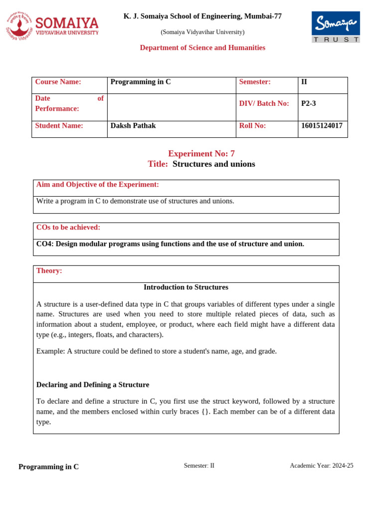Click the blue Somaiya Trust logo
coord(335,27)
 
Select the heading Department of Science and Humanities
coord(202,48)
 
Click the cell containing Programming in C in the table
coord(141,82)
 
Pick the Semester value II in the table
coord(305,82)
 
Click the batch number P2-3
coord(309,104)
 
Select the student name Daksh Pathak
coord(133,126)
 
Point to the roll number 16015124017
coord(322,126)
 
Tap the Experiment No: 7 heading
coord(201,154)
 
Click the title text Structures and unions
coord(213,164)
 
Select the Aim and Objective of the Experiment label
coord(98,185)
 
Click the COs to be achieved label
coord(68,228)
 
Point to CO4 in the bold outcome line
coord(44,244)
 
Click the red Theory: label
coord(49,270)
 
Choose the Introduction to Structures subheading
coord(186,287)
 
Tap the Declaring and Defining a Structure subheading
coord(93,385)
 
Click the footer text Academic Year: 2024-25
coord(322,466)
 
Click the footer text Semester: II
coord(199,466)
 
